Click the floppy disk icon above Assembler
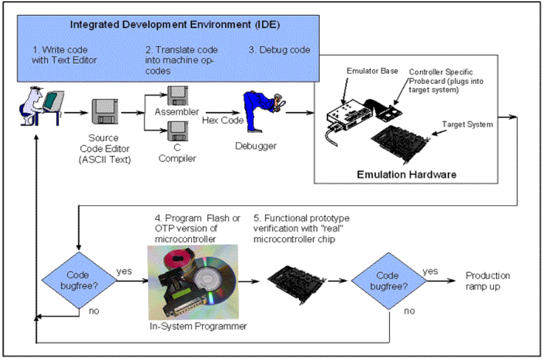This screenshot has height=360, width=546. tap(176, 96)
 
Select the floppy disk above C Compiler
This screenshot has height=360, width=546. tap(176, 133)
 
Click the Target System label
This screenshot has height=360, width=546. tap(467, 125)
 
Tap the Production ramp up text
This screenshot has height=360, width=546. tap(487, 281)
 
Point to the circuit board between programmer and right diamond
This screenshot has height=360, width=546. tap(295, 281)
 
